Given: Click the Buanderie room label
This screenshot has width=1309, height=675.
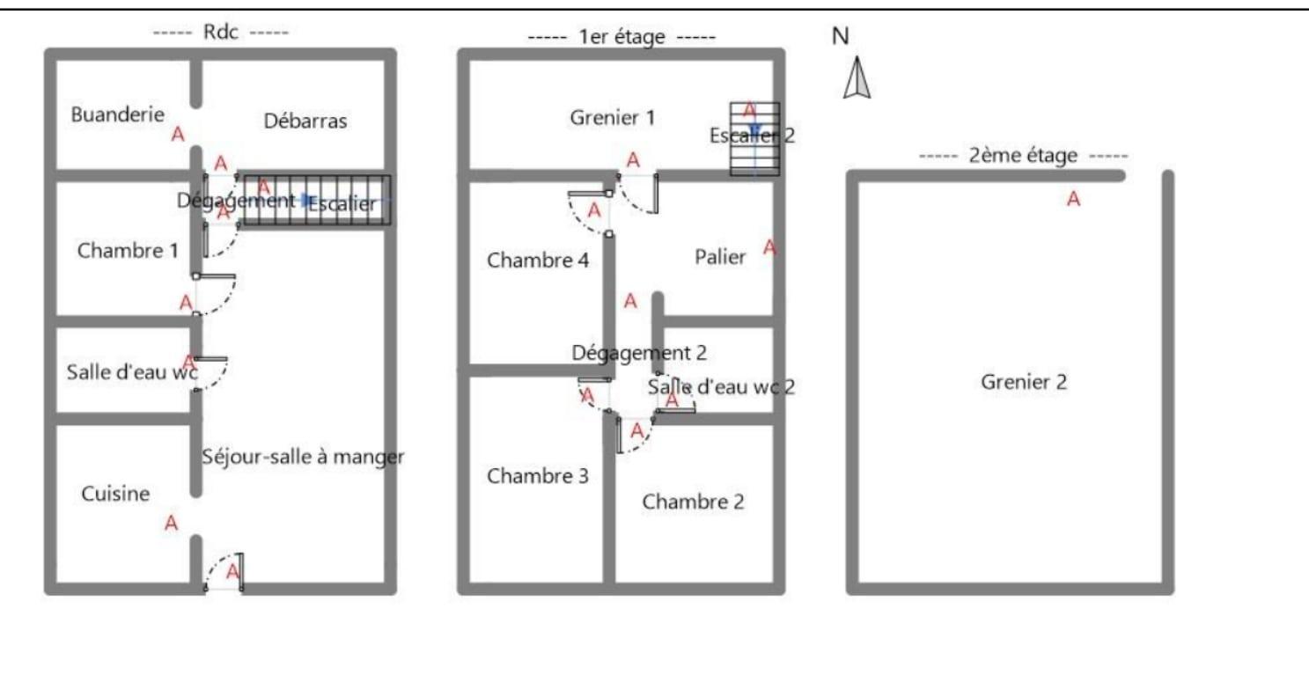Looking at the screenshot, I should pyautogui.click(x=118, y=114).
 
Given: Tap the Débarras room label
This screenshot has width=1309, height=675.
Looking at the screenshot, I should pyautogui.click(x=305, y=121).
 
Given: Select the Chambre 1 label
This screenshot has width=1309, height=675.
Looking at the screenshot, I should pyautogui.click(x=128, y=251).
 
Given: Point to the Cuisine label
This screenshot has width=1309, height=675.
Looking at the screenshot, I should pyautogui.click(x=115, y=495).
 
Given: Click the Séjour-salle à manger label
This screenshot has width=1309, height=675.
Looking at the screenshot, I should pyautogui.click(x=303, y=457).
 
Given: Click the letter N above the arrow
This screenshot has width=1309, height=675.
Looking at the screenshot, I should pyautogui.click(x=841, y=36).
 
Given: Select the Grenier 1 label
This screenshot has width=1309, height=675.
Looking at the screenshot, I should pyautogui.click(x=612, y=117).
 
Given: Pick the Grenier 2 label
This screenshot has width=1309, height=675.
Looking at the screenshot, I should pyautogui.click(x=1024, y=383).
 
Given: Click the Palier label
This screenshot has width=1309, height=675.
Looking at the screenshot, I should pyautogui.click(x=720, y=257).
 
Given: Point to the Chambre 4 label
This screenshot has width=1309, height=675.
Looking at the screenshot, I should pyautogui.click(x=538, y=260).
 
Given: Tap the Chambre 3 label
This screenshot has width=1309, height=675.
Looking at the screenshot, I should pyautogui.click(x=538, y=476).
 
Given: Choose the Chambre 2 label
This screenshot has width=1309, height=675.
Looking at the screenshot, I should pyautogui.click(x=693, y=502).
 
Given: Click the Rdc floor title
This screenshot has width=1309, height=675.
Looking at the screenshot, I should pyautogui.click(x=221, y=32).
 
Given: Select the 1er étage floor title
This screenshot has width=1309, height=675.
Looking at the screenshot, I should pyautogui.click(x=621, y=38).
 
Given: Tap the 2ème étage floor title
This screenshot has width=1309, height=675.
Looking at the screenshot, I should pyautogui.click(x=1022, y=157).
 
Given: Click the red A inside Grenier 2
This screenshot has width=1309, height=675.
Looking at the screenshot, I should pyautogui.click(x=1073, y=200).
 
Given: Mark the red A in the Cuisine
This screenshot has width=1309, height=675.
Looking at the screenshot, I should pyautogui.click(x=172, y=524).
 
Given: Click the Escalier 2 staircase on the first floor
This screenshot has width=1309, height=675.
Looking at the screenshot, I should pyautogui.click(x=754, y=139).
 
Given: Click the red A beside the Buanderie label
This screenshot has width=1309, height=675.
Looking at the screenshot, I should pyautogui.click(x=178, y=135).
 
